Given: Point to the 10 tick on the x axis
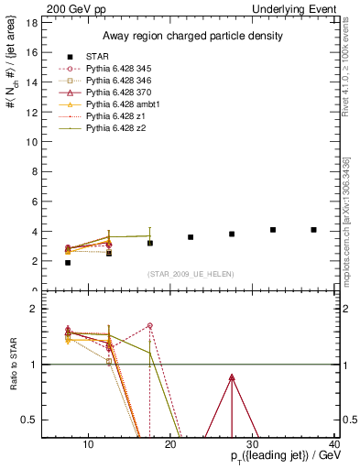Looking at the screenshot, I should point(88,445).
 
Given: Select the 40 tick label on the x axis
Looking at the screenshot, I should point(334,445).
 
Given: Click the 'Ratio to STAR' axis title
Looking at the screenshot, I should point(13,365).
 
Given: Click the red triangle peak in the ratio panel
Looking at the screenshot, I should point(232,377).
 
